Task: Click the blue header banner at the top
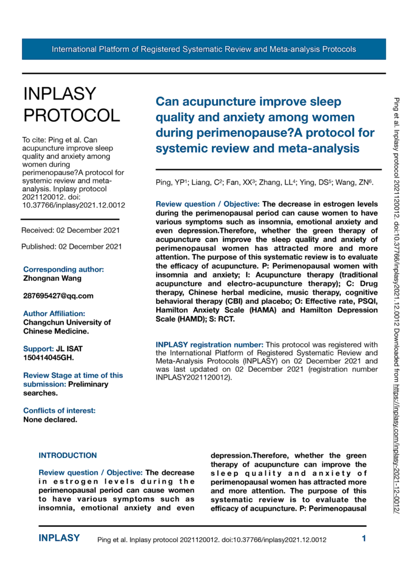204,50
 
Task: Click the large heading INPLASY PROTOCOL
71,104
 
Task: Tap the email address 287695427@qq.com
59,296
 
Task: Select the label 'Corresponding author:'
63,269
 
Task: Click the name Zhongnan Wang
53,278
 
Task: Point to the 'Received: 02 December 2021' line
71,230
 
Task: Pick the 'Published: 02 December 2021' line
72,246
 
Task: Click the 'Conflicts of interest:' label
60,410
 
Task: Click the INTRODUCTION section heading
68,455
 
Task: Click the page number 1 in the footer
364,539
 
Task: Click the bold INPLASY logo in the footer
59,538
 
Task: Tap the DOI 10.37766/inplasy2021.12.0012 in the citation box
73,205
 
